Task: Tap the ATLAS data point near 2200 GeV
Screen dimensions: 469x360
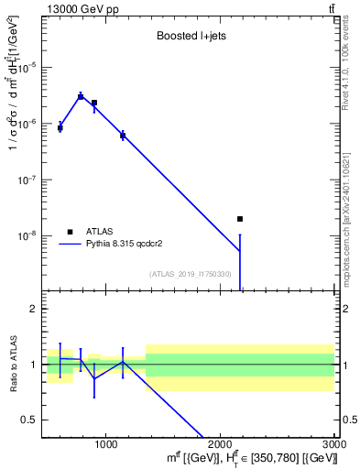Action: click(240, 219)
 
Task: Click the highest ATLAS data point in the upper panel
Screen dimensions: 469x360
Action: click(81, 96)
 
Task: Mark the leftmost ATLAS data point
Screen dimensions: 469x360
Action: click(60, 127)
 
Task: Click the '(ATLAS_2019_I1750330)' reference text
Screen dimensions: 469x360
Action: click(190, 274)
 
